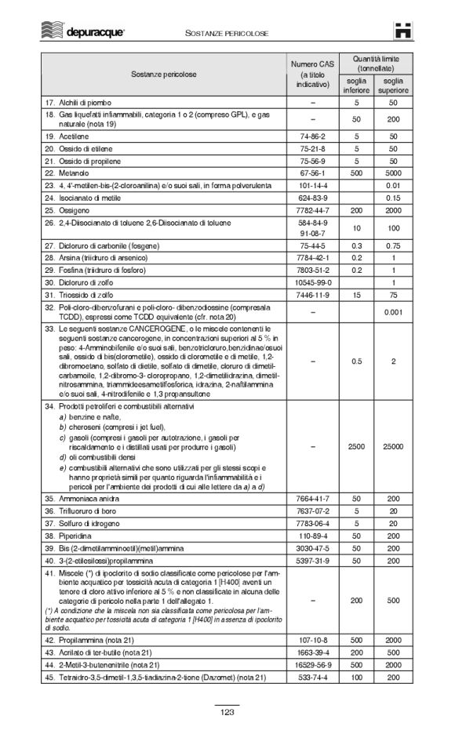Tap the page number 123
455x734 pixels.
[227, 712]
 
